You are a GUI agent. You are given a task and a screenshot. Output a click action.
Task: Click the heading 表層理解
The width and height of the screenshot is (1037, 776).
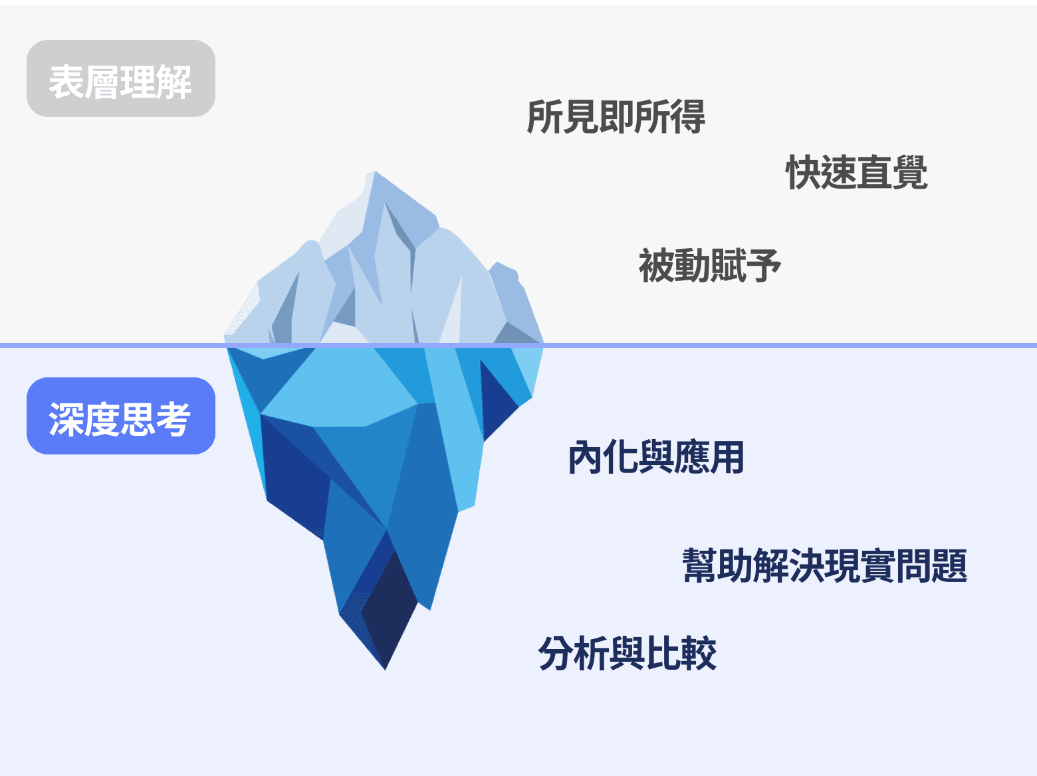tap(120, 82)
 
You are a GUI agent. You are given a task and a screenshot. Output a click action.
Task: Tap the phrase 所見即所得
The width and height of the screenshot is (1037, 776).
tap(616, 117)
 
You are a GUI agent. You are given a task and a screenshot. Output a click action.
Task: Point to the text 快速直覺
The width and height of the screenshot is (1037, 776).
tap(856, 172)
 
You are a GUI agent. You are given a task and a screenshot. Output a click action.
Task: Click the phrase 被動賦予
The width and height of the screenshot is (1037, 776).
tap(709, 265)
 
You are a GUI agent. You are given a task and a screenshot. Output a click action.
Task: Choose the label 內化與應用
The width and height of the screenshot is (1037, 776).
tap(655, 458)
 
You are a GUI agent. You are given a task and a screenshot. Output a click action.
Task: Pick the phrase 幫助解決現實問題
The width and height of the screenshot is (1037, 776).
tap(824, 566)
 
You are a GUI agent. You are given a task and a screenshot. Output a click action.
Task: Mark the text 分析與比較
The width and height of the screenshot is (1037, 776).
tap(627, 653)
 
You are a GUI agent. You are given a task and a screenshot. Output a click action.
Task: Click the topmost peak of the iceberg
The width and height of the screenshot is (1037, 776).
tap(374, 174)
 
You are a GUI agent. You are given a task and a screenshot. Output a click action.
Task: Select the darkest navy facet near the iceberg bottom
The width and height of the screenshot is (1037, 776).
tap(389, 605)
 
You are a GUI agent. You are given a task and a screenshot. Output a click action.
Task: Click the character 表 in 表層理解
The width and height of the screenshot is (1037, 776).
tap(66, 82)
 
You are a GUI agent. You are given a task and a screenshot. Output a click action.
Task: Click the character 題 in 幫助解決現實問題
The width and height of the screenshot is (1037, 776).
tap(949, 566)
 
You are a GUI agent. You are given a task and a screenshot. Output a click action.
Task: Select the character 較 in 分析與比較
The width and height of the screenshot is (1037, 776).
tap(699, 653)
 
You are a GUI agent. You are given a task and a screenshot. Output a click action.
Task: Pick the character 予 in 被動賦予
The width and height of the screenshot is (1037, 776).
tap(763, 265)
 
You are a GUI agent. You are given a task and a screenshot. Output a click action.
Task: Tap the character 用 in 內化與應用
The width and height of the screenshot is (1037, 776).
tap(727, 458)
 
